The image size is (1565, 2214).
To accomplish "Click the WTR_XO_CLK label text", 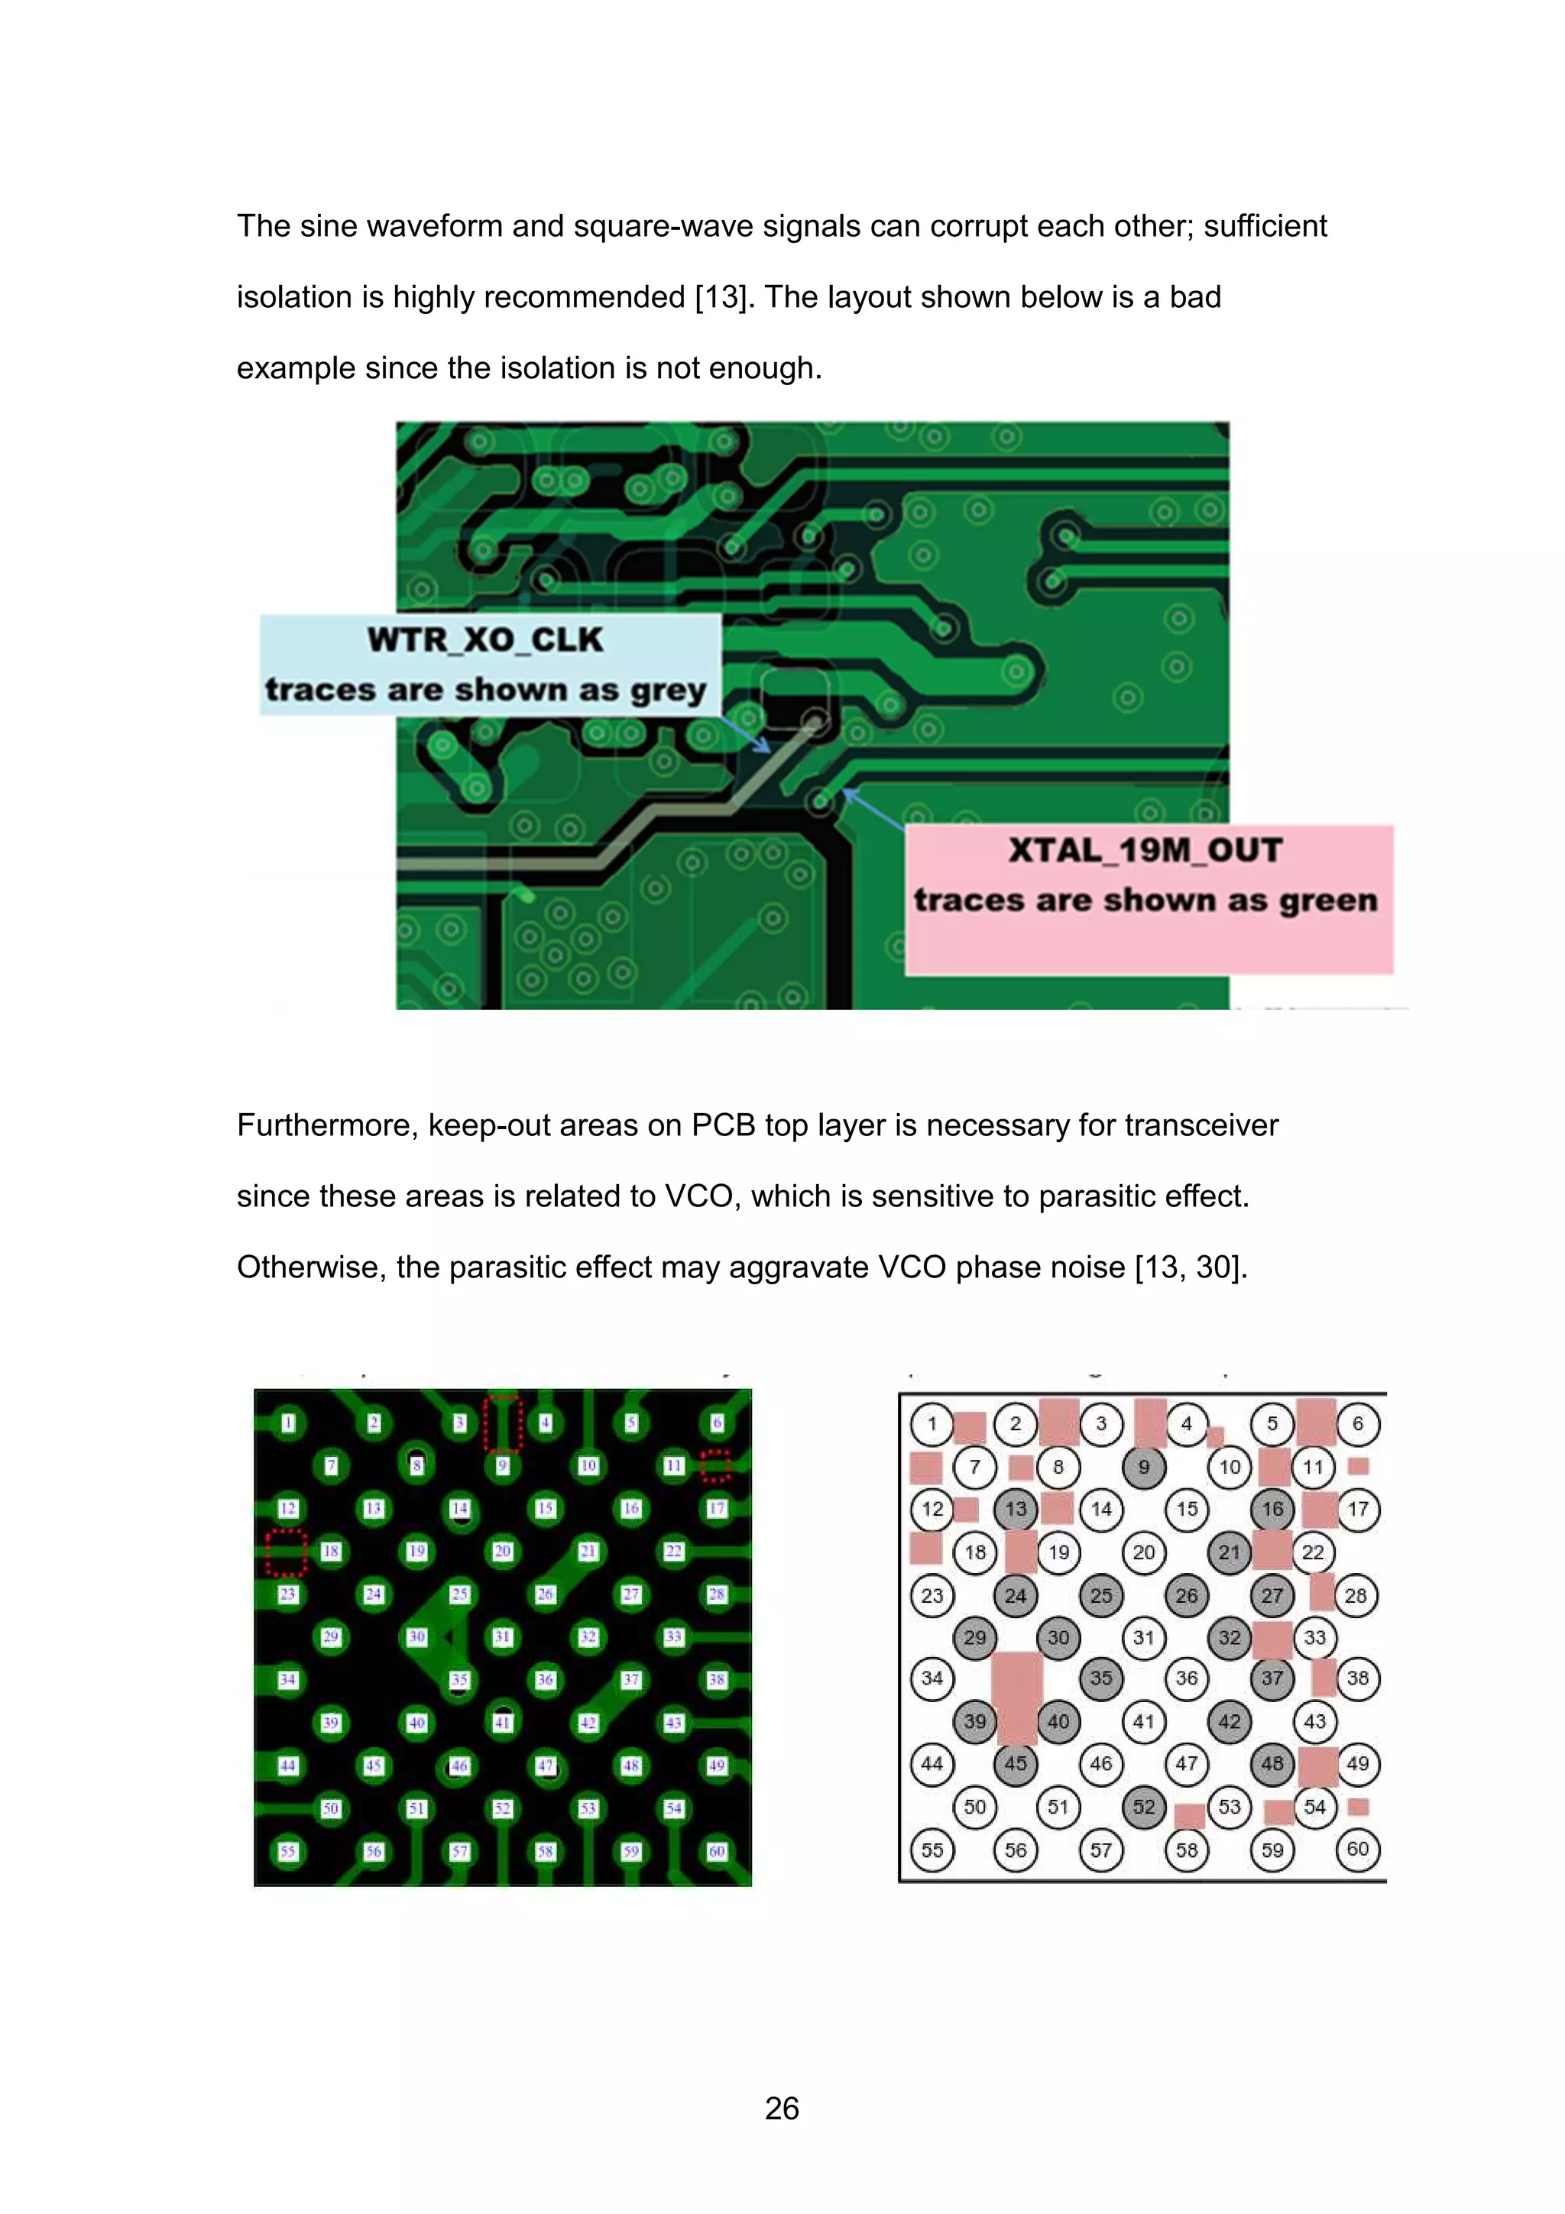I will click(x=485, y=640).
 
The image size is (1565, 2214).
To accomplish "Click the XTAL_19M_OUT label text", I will click(x=1145, y=850).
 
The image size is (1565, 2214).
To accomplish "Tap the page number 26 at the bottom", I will click(x=782, y=2109).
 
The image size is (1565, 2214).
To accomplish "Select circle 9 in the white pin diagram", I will click(x=1144, y=1467).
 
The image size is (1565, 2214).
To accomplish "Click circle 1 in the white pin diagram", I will click(x=932, y=1423).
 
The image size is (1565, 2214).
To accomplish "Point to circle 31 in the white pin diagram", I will click(x=1144, y=1637).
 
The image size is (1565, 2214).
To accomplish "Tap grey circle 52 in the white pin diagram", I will click(x=1144, y=1807).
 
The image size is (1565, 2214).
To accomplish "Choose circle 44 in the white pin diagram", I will click(x=932, y=1764).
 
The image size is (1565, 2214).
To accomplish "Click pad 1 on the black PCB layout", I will click(x=288, y=1423).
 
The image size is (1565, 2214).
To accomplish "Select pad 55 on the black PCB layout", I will click(x=287, y=1851).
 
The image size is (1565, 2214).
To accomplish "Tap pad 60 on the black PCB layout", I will click(x=717, y=1851).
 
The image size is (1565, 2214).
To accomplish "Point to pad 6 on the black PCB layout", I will click(x=717, y=1423).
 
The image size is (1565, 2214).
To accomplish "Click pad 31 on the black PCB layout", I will click(x=502, y=1636).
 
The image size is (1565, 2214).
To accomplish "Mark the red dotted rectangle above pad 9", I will click(x=502, y=1423).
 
